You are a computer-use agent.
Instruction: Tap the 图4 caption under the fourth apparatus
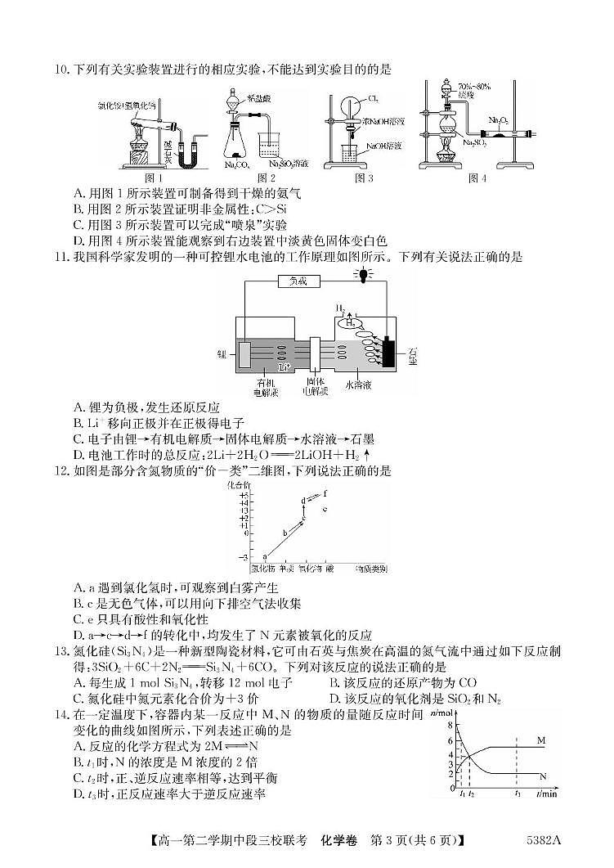pyautogui.click(x=477, y=178)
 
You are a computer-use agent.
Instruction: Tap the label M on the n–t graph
pyautogui.click(x=541, y=740)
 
